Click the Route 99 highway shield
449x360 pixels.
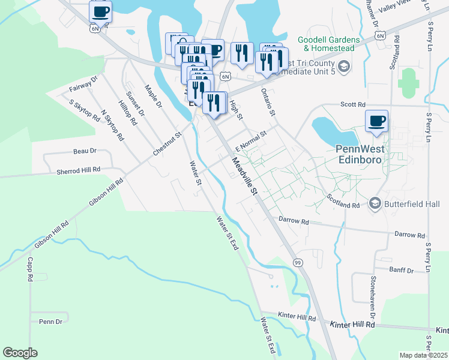click(x=297, y=263)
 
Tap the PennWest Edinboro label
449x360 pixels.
click(x=359, y=155)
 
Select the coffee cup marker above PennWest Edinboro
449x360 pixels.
click(x=377, y=121)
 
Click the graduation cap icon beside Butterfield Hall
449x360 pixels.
click(x=375, y=203)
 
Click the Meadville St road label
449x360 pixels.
click(x=245, y=175)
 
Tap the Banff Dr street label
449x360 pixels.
click(x=402, y=271)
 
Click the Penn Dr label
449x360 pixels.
click(x=50, y=322)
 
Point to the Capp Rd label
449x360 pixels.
click(x=29, y=270)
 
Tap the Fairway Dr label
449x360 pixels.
click(x=83, y=84)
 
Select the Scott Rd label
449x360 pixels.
click(x=353, y=104)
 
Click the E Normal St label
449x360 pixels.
click(x=250, y=142)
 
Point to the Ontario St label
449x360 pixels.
click(x=268, y=102)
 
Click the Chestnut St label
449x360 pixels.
click(x=167, y=145)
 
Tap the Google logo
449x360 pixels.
click(x=20, y=353)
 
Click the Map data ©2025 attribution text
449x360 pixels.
click(x=423, y=355)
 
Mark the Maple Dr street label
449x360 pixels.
click(x=154, y=98)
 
